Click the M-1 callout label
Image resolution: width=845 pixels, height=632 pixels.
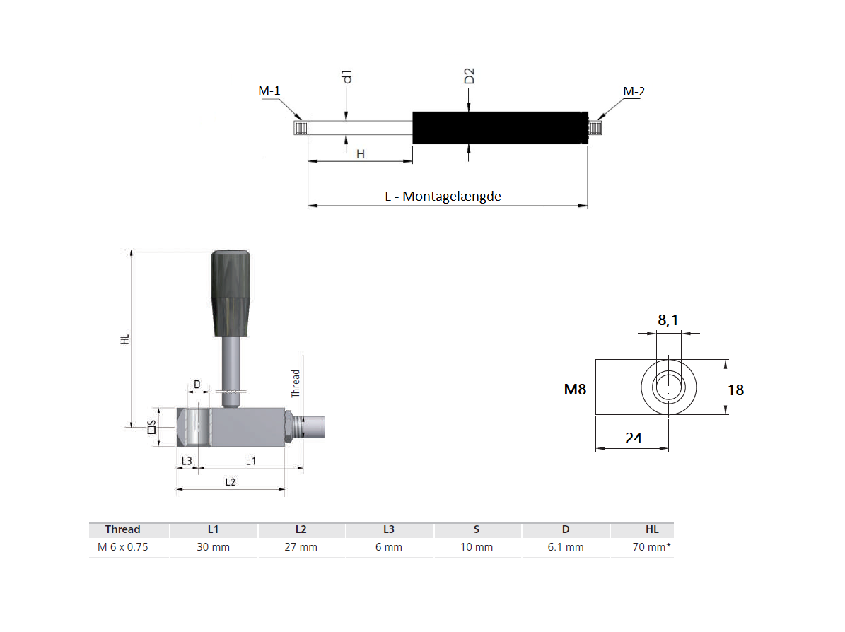[269, 91]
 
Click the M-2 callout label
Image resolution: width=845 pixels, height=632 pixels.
[634, 91]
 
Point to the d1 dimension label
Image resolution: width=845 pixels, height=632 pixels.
[346, 76]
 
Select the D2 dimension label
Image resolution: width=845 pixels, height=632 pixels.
[469, 76]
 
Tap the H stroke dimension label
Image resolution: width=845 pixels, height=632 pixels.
[360, 153]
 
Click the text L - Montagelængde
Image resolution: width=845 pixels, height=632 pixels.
[443, 197]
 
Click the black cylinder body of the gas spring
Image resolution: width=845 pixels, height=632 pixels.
[499, 128]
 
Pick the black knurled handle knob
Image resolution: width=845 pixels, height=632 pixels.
[231, 293]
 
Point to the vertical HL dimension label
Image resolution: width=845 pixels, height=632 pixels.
[125, 338]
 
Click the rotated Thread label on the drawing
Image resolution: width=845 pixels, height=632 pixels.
[296, 382]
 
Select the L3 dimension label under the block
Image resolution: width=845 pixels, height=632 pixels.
[187, 461]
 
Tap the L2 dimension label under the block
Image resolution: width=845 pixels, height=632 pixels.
[230, 482]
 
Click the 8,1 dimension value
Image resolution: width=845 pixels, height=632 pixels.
[668, 320]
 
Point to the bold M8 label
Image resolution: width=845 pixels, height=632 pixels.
[575, 389]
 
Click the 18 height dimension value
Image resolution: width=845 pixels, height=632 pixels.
[735, 390]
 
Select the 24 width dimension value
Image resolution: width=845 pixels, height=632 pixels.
[633, 438]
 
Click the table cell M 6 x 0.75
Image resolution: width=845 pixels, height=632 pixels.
[123, 547]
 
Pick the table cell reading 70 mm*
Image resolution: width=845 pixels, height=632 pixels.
[651, 547]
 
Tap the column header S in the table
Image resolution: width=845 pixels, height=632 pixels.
[476, 529]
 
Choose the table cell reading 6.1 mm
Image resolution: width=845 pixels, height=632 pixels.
[565, 547]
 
